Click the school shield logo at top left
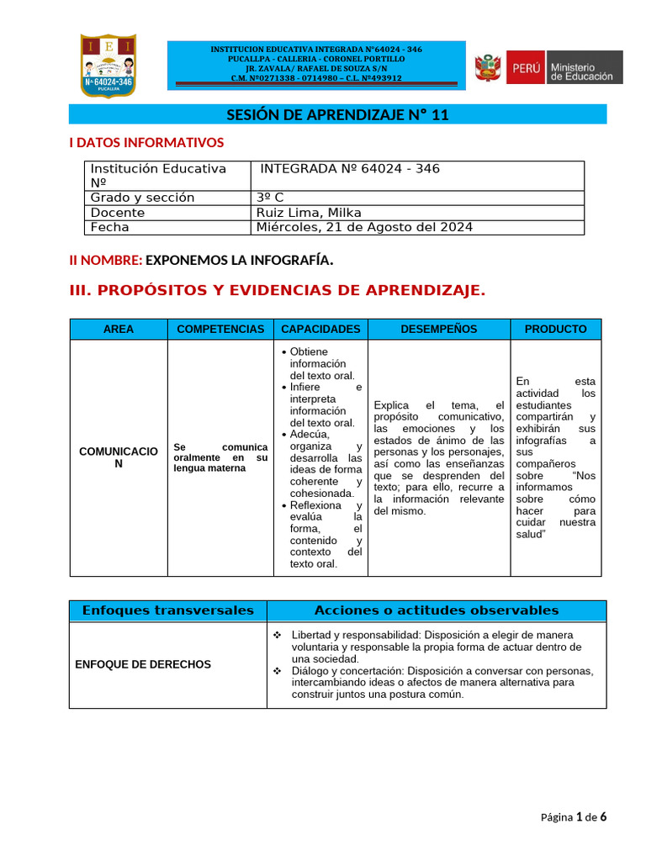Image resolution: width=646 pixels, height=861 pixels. point(108,66)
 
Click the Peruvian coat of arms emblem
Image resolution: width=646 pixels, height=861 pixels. point(487,67)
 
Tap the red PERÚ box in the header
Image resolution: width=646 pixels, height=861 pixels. point(525,67)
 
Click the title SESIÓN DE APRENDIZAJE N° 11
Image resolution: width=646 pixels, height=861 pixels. point(337,115)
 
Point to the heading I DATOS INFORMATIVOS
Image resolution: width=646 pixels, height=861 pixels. point(146,143)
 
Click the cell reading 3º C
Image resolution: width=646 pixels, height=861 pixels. point(270,198)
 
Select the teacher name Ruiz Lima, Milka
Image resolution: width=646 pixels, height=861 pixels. point(309,213)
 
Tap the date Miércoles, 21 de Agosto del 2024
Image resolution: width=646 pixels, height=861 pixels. point(364,227)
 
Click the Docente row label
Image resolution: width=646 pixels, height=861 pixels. point(118,213)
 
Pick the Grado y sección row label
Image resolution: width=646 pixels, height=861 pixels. point(142,198)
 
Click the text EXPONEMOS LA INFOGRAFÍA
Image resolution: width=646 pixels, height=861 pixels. point(240,261)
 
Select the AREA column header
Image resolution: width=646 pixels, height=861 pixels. point(118,329)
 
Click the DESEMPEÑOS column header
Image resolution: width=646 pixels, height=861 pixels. point(438,329)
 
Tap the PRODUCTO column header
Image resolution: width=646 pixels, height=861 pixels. point(555,329)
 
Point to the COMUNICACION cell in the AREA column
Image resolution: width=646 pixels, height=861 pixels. point(118,457)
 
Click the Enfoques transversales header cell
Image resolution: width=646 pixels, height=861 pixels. point(167,610)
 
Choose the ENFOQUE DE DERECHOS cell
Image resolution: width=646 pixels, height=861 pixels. point(143,664)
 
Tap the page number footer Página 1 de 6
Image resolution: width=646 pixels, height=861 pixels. point(573,816)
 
